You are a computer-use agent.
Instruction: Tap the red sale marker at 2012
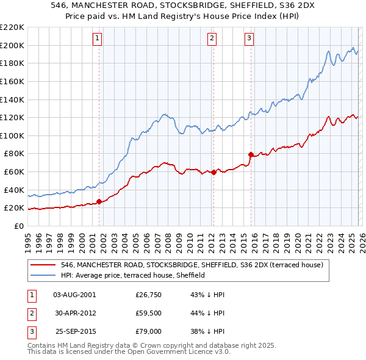[214, 172]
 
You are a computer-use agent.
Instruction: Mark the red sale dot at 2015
[251, 154]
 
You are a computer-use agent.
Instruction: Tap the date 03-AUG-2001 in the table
[74, 295]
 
